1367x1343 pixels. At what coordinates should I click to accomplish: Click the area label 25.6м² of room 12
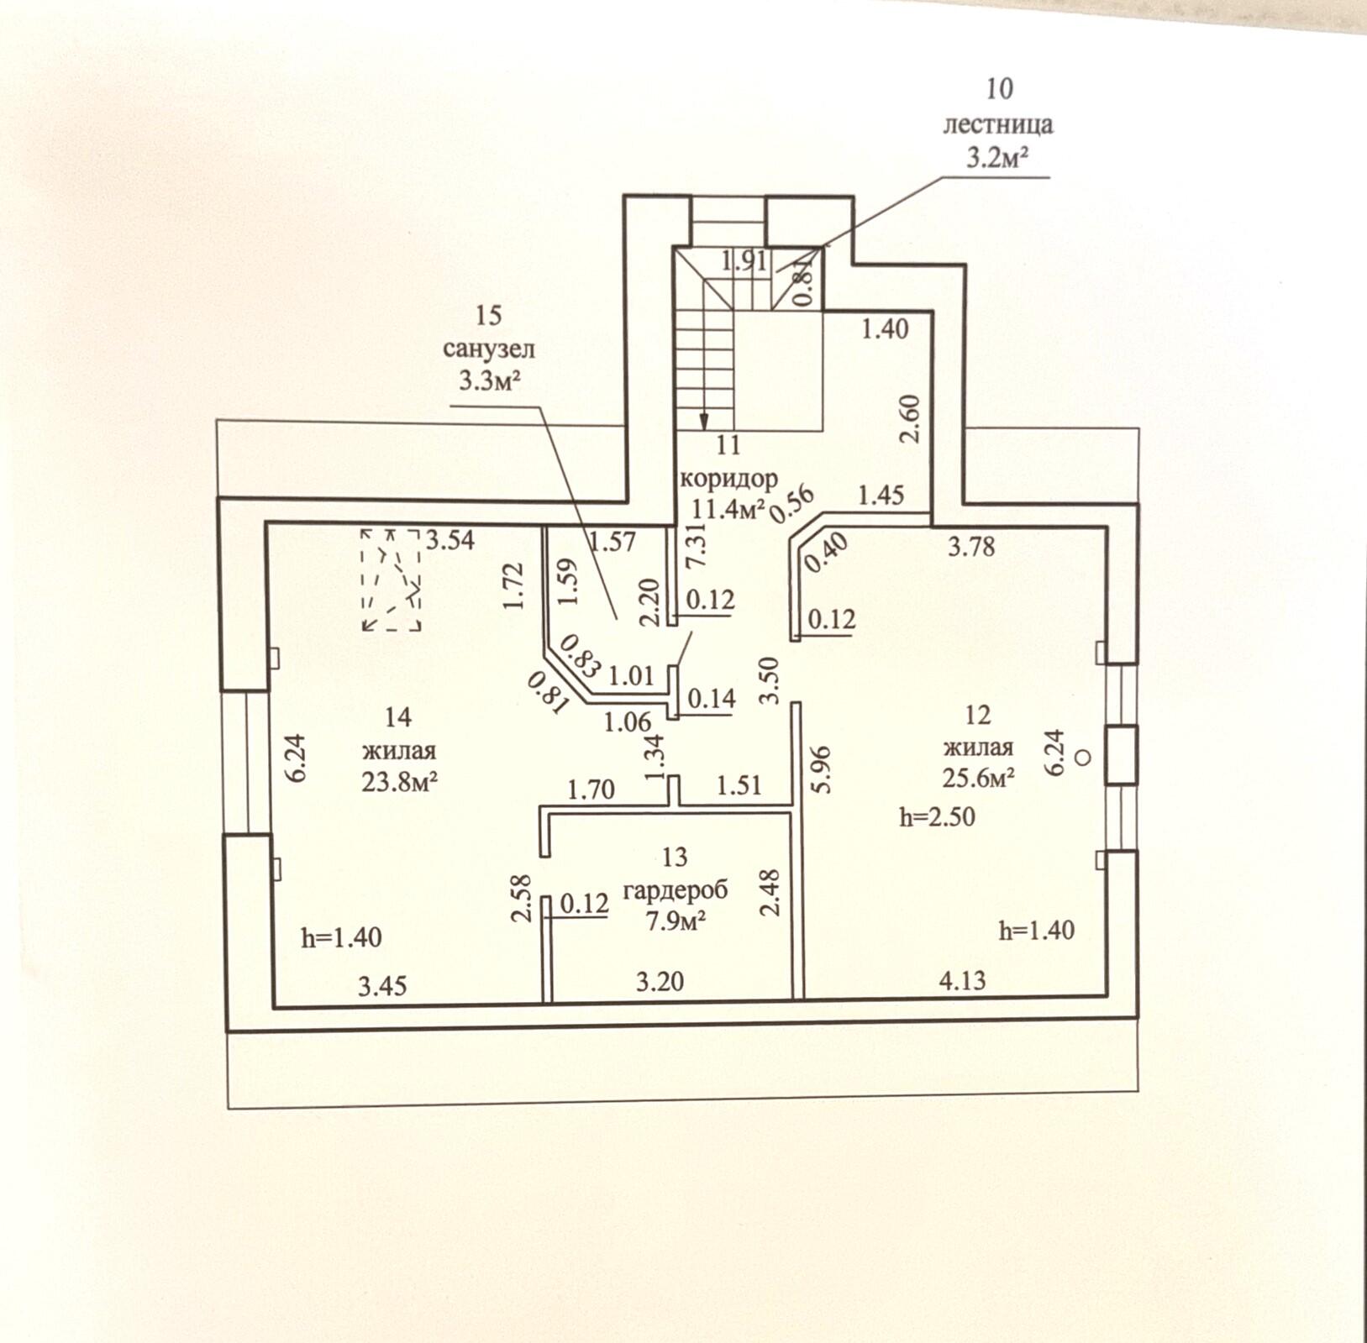(x=978, y=778)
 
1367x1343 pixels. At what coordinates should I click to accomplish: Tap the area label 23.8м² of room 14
(x=399, y=781)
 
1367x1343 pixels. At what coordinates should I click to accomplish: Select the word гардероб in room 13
(x=675, y=889)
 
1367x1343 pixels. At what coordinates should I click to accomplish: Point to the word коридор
(x=728, y=479)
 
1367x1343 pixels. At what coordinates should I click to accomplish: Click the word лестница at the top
(x=997, y=124)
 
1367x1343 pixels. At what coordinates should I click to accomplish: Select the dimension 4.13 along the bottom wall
(x=962, y=979)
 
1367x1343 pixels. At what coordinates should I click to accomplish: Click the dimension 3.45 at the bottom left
(x=382, y=985)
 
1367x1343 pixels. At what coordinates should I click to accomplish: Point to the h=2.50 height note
(x=937, y=816)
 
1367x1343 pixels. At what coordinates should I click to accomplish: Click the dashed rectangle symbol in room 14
(x=391, y=579)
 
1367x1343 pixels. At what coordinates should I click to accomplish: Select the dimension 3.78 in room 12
(x=971, y=547)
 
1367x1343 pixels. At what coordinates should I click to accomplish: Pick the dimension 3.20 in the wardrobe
(x=660, y=980)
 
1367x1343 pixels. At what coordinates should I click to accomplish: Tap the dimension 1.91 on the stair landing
(x=744, y=260)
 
